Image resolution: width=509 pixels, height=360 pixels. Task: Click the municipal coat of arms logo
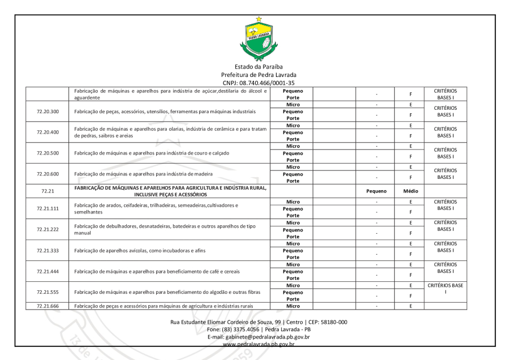click(258, 38)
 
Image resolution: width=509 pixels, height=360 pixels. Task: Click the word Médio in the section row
click(411, 191)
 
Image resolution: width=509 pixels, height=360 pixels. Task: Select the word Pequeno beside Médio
click(376, 191)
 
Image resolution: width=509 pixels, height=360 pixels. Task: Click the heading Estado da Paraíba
click(258, 67)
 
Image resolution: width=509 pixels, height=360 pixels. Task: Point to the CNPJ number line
click(258, 83)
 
